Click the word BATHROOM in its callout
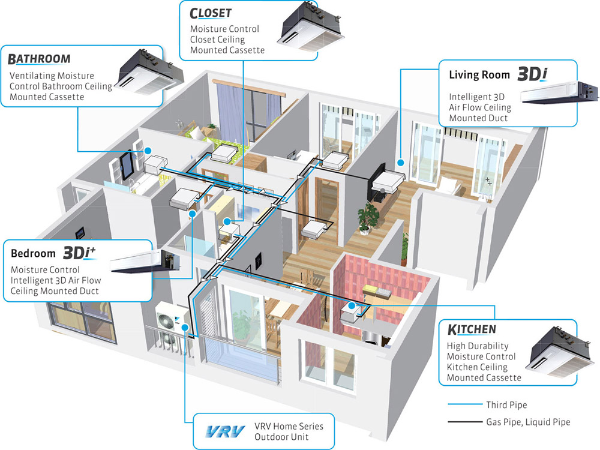pyautogui.click(x=40, y=59)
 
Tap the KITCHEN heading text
pyautogui.click(x=472, y=329)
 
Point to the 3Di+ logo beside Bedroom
pyautogui.click(x=80, y=253)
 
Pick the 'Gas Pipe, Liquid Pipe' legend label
pyautogui.click(x=527, y=422)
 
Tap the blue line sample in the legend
pyautogui.click(x=464, y=404)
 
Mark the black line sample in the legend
pyautogui.click(x=464, y=422)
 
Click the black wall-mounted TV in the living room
pyautogui.click(x=378, y=179)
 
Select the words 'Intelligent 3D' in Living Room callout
pyautogui.click(x=478, y=97)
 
